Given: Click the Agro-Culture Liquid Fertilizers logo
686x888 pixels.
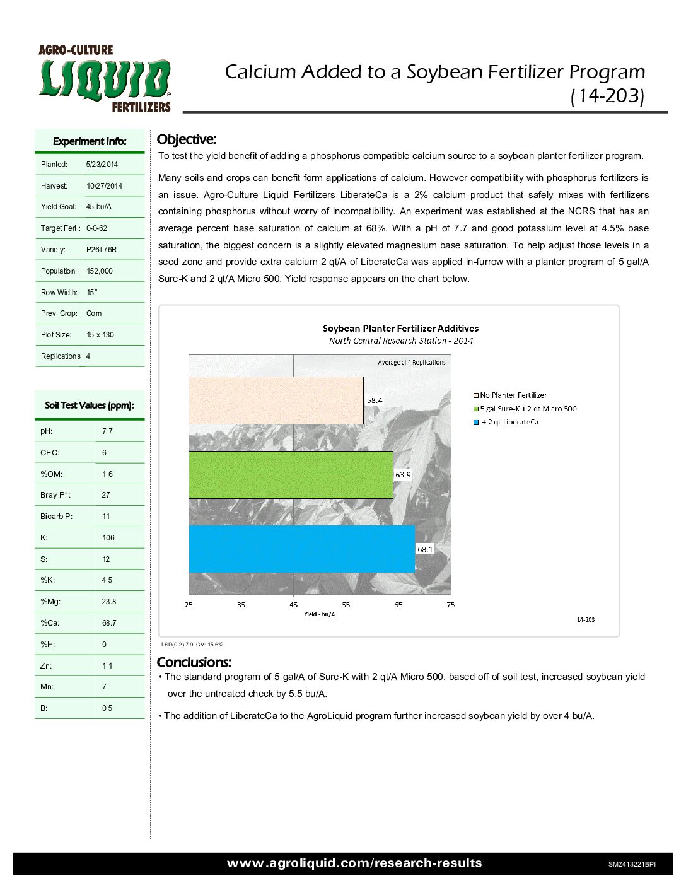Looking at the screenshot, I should pyautogui.click(x=105, y=78).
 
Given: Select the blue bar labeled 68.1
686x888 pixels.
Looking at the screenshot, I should pyautogui.click(x=301, y=549).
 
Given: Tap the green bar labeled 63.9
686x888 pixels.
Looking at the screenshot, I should pyautogui.click(x=291, y=475).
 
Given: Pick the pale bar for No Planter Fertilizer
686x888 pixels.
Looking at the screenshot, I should pyautogui.click(x=276, y=400).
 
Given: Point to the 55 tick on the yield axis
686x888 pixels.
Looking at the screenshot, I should pyautogui.click(x=346, y=605).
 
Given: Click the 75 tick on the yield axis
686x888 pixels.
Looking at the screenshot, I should pyautogui.click(x=450, y=605).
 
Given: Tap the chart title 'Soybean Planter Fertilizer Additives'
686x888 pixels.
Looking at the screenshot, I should pyautogui.click(x=400, y=329).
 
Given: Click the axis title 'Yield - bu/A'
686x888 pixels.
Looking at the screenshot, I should pyautogui.click(x=319, y=614).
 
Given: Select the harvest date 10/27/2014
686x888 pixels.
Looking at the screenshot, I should pyautogui.click(x=104, y=186).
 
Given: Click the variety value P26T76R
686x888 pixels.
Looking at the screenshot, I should pyautogui.click(x=101, y=250).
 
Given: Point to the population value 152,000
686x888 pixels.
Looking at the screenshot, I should pyautogui.click(x=100, y=271).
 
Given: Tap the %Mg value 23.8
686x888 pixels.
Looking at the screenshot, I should pyautogui.click(x=109, y=602).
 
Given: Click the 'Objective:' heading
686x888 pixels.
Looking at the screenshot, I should pyautogui.click(x=186, y=139).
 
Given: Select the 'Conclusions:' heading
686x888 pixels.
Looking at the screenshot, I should pyautogui.click(x=194, y=662).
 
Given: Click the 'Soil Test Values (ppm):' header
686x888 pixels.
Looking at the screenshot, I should pyautogui.click(x=90, y=406).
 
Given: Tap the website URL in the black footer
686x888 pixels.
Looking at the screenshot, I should pyautogui.click(x=354, y=863).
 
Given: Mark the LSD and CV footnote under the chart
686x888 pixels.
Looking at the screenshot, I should pyautogui.click(x=192, y=645).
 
